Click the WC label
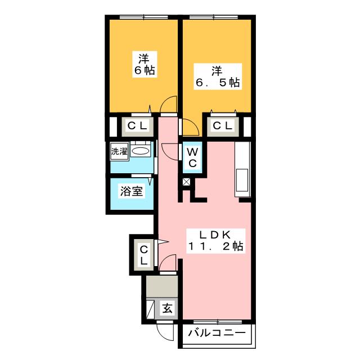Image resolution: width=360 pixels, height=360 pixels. pos(192,157)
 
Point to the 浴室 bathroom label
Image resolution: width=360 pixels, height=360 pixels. pos(132,191)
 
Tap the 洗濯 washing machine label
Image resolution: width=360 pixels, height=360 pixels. pos(119,151)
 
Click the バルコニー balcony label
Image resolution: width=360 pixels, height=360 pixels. pos(217,333)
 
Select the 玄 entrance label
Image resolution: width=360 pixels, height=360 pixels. pos(168,308)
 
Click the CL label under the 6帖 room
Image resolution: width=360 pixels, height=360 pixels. pos(137,126)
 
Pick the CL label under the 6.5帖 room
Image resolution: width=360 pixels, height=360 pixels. pos(222,126)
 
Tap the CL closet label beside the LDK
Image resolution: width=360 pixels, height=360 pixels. pos(143,255)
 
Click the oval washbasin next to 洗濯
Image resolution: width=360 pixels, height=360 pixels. pos(141,151)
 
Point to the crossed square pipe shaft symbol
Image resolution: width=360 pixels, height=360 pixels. pos(187,182)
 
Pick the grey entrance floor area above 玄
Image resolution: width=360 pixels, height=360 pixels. pos(161,287)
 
